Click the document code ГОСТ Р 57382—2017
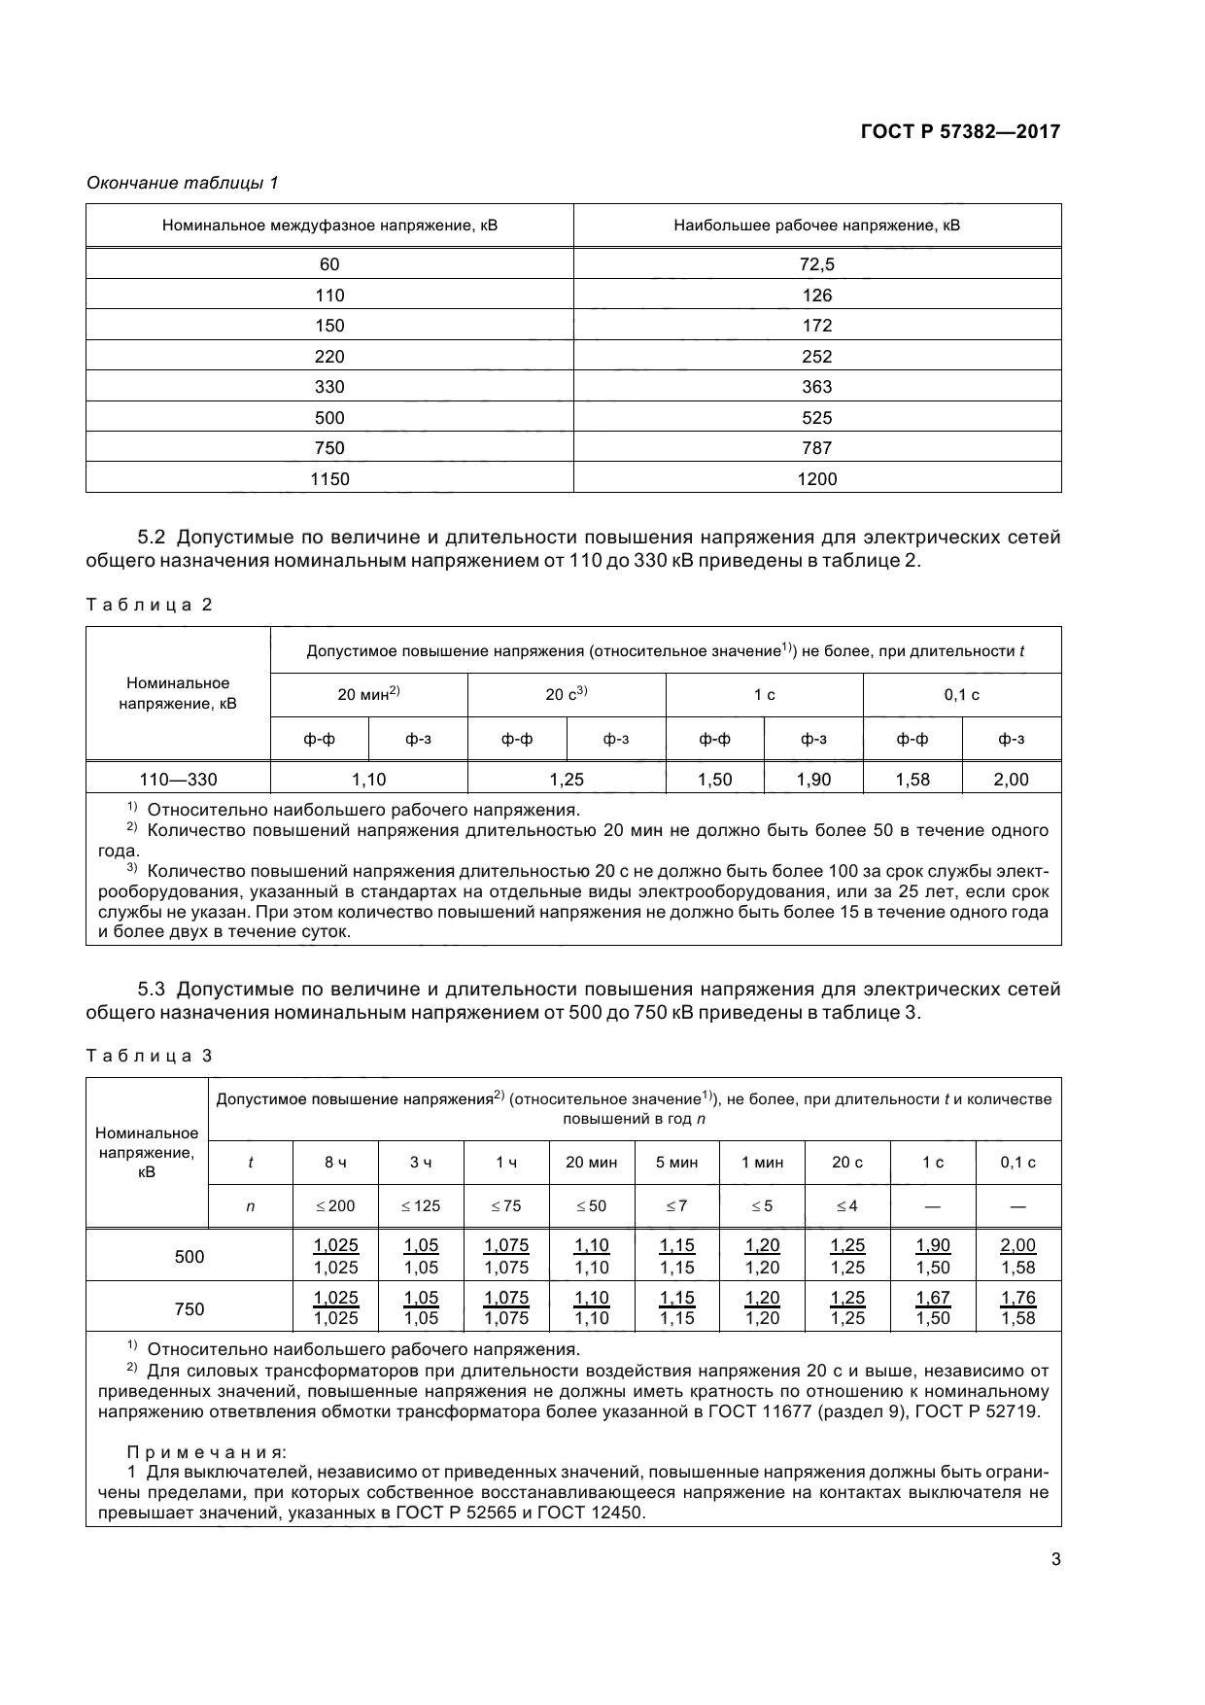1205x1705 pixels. [x=959, y=131]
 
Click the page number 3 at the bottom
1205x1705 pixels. [x=1055, y=1560]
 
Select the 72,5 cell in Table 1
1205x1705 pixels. [x=816, y=264]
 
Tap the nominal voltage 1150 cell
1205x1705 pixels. [x=329, y=478]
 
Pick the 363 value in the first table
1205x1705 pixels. [x=816, y=387]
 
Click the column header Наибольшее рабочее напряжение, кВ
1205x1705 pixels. [x=816, y=226]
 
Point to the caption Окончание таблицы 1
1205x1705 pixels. [x=183, y=183]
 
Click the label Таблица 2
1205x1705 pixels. [x=149, y=605]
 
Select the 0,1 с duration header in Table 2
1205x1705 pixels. [x=961, y=695]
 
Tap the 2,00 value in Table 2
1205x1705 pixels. [x=1011, y=779]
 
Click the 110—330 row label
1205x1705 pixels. [x=178, y=779]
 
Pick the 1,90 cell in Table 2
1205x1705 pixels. [x=813, y=779]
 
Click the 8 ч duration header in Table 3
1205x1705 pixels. [x=335, y=1163]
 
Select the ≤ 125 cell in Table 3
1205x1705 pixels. [x=421, y=1206]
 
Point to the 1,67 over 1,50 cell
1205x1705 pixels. [x=933, y=1307]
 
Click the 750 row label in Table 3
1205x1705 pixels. [x=189, y=1308]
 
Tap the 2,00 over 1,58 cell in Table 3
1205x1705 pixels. [x=1017, y=1256]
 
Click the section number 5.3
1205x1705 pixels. [x=153, y=990]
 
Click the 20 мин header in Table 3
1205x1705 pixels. [x=591, y=1163]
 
